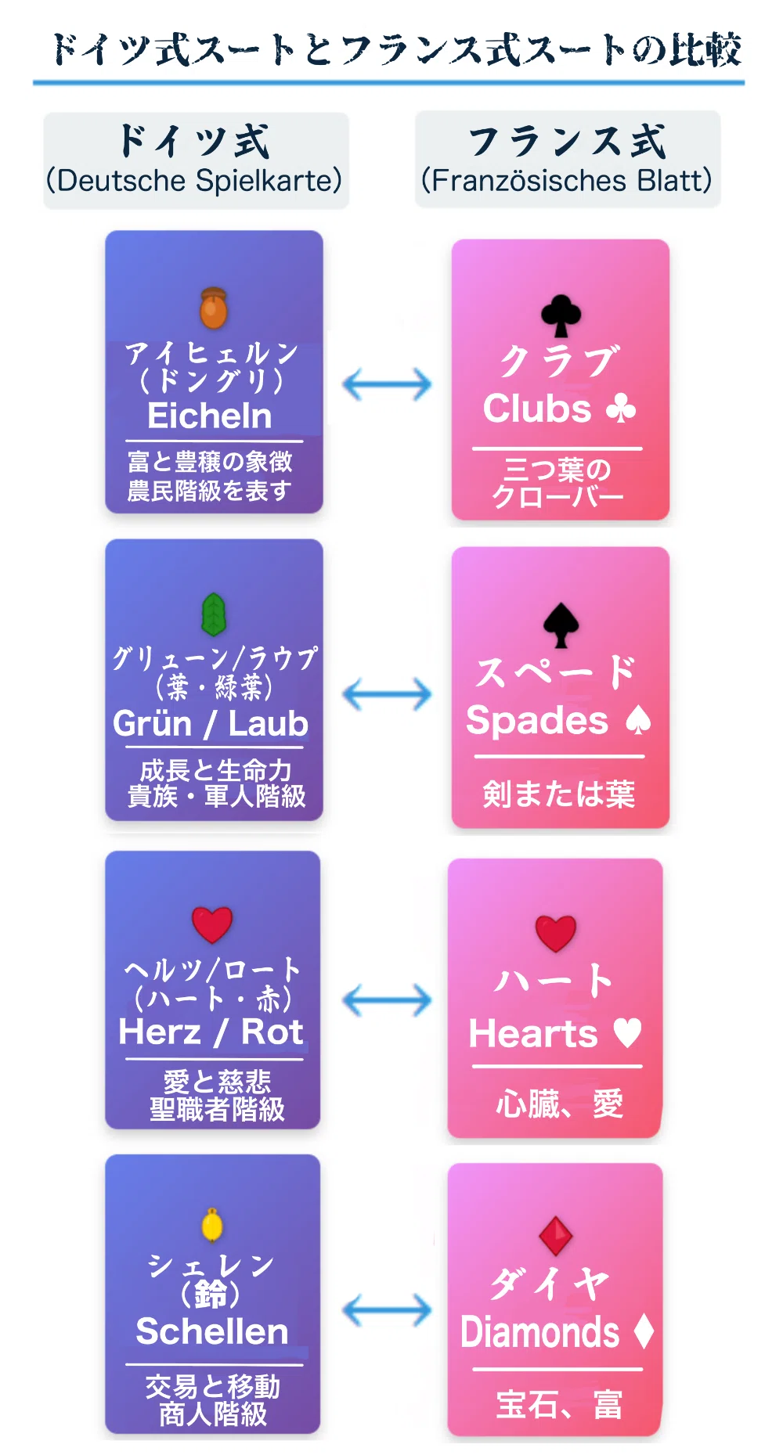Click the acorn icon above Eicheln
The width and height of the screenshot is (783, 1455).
coord(213,308)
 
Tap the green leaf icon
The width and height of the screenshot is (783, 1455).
coord(214,614)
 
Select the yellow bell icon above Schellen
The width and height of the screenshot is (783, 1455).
coord(212,1225)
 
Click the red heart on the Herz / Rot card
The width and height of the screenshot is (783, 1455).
coord(212,924)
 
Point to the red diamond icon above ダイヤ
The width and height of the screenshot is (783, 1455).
coord(556,1236)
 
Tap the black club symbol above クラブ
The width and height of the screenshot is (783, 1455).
coord(561,315)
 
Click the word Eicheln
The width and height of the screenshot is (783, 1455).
coord(210,416)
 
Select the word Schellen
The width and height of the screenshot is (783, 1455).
coord(212,1331)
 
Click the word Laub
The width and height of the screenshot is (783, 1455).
coord(268,723)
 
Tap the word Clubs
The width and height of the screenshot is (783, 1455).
coord(537,409)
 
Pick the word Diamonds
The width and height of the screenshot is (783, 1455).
coord(540,1332)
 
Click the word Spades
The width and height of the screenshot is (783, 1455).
coord(537,721)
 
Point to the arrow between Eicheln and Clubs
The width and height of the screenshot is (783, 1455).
coord(388,384)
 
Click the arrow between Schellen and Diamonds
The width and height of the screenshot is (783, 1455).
coord(388,1310)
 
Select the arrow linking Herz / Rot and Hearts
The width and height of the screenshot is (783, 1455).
coord(388,1000)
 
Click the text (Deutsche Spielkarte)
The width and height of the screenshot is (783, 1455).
coord(194,180)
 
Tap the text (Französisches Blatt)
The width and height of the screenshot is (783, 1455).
coord(567,180)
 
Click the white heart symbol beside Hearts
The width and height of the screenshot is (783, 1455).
coord(627,1032)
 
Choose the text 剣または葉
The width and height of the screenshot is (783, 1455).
coord(558,794)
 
